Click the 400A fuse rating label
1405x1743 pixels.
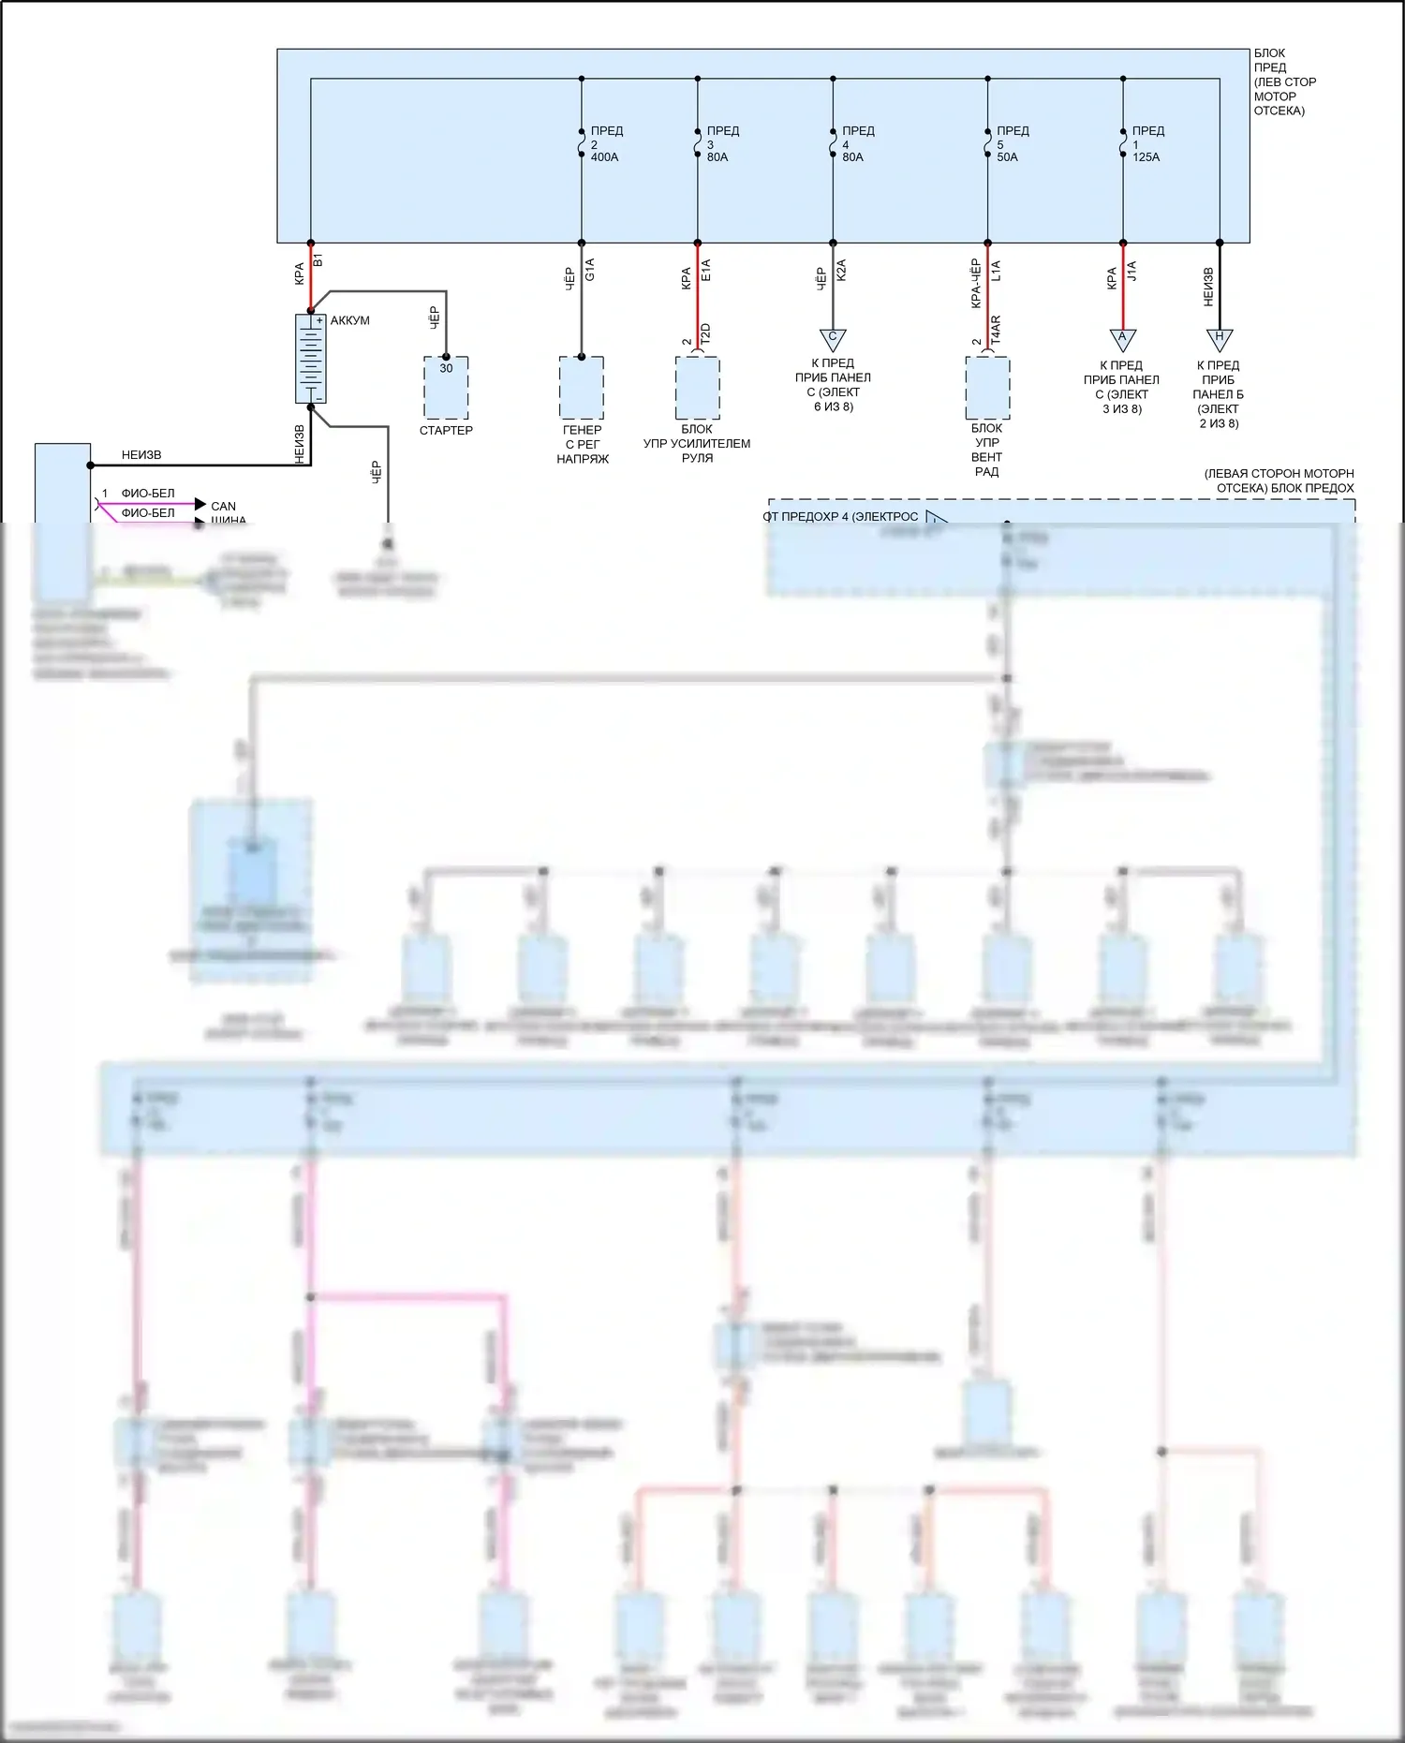coord(604,157)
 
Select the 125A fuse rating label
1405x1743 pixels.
coord(1146,157)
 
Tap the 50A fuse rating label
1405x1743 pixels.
coord(1007,157)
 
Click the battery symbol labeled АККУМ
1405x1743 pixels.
coord(311,359)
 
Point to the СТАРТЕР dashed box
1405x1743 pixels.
coord(446,388)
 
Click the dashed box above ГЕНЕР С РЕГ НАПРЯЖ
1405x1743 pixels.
coord(582,387)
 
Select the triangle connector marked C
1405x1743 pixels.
coord(832,338)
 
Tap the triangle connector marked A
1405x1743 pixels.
coord(1122,338)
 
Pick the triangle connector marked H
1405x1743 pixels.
coord(1219,338)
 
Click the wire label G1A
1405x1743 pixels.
coord(590,270)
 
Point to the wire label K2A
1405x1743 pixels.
coord(841,271)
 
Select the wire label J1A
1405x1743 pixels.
coord(1131,272)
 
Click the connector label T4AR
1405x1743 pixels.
coord(996,330)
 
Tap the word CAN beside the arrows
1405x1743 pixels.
coord(223,506)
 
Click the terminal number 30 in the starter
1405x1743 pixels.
coord(446,368)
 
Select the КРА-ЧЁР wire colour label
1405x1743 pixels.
coord(976,283)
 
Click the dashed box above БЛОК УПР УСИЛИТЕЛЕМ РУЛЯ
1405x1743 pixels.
coord(698,387)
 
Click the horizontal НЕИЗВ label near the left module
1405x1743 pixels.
coord(141,455)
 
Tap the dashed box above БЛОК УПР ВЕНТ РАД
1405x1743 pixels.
coord(987,387)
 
